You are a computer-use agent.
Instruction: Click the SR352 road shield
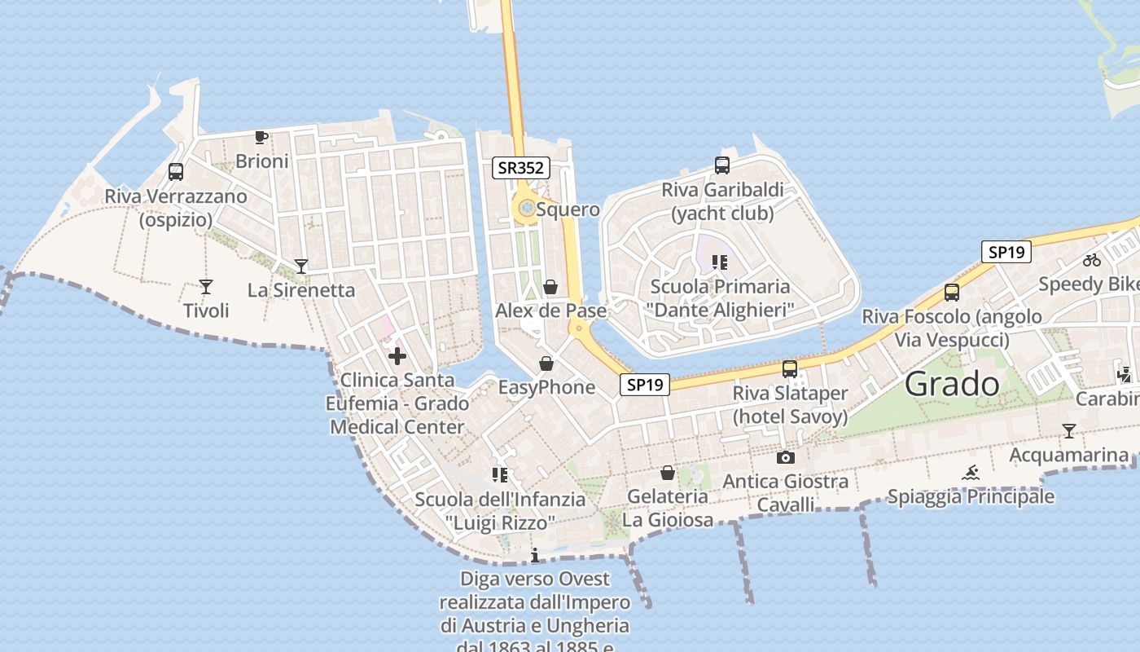[x=522, y=169]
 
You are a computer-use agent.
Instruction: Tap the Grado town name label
[x=952, y=384]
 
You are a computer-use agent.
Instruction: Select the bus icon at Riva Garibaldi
[x=722, y=165]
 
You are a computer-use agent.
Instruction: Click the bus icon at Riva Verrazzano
[x=176, y=172]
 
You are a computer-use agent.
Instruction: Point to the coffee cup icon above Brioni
[x=261, y=137]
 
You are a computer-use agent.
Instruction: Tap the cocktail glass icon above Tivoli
[x=206, y=287]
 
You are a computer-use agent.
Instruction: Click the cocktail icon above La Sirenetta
[x=301, y=266]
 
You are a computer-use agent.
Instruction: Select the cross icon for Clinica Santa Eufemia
[x=397, y=356]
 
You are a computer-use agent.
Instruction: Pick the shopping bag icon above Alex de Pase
[x=550, y=287]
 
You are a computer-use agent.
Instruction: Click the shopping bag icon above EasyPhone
[x=546, y=363]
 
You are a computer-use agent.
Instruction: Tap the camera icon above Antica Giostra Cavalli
[x=786, y=457]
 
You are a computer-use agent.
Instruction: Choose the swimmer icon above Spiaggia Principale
[x=971, y=473]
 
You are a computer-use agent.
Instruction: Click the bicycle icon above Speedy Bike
[x=1092, y=261]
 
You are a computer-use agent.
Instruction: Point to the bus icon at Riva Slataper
[x=790, y=368]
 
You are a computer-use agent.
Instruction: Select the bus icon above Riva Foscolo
[x=952, y=293]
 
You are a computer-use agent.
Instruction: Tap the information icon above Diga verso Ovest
[x=535, y=556]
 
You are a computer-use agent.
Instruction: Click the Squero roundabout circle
[x=527, y=209]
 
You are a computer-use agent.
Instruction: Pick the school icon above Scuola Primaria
[x=719, y=262]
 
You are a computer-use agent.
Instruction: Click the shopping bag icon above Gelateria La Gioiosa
[x=668, y=473]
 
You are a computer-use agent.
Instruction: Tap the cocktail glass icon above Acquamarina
[x=1069, y=430]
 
